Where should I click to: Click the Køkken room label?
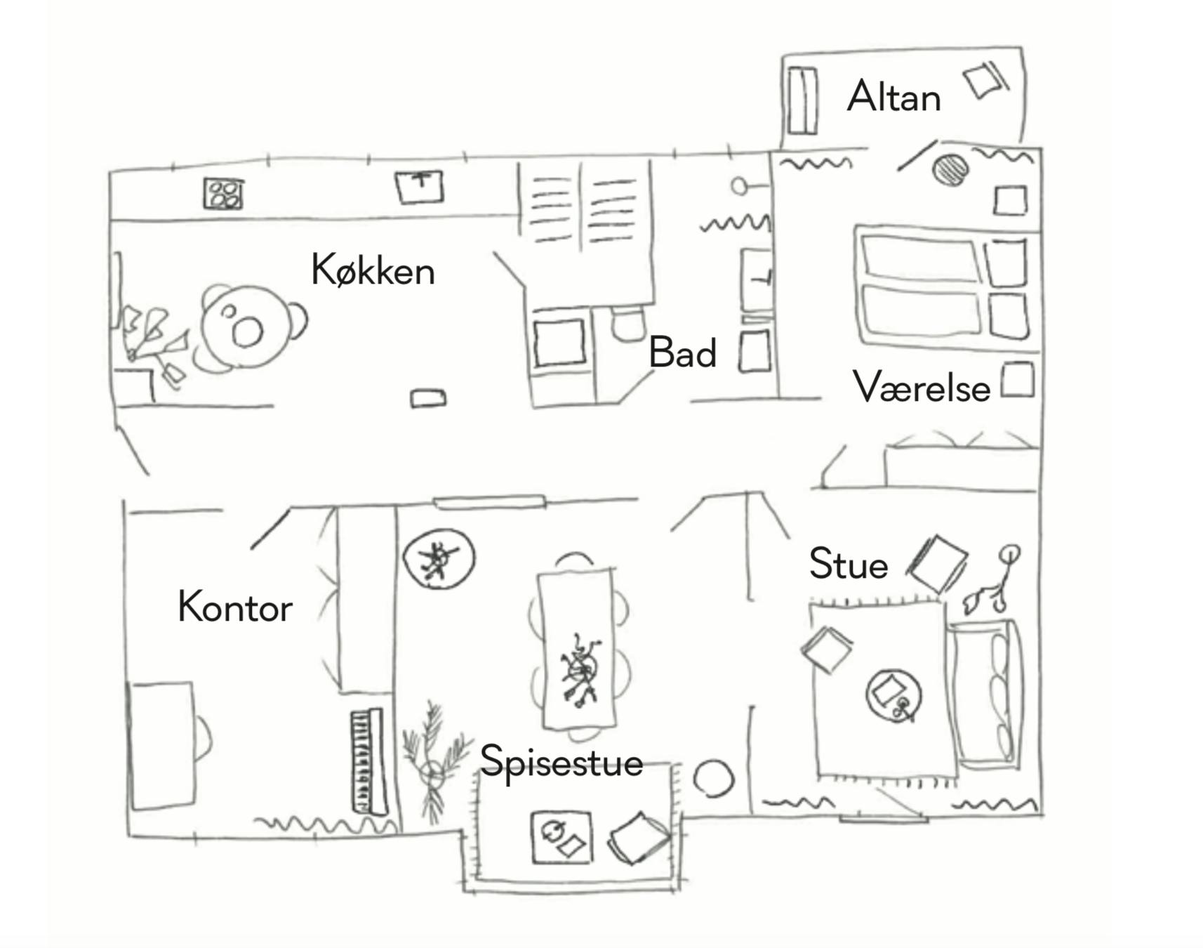click(373, 270)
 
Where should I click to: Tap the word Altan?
click(893, 97)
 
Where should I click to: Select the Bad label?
click(682, 353)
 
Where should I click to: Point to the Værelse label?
click(922, 387)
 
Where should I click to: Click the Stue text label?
click(848, 564)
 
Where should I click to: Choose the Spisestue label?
click(561, 762)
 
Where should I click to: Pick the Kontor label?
click(235, 607)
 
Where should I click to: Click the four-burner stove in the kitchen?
click(223, 194)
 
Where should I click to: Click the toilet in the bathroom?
click(628, 324)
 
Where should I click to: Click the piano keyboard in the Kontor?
click(368, 762)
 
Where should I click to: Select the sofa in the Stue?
click(985, 692)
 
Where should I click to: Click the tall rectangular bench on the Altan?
click(802, 100)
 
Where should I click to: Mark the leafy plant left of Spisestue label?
click(435, 762)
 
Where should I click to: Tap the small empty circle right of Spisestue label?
click(713, 778)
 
